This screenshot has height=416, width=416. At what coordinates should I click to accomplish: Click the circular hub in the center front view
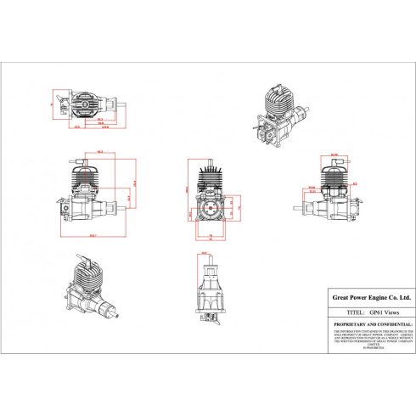[209, 205]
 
